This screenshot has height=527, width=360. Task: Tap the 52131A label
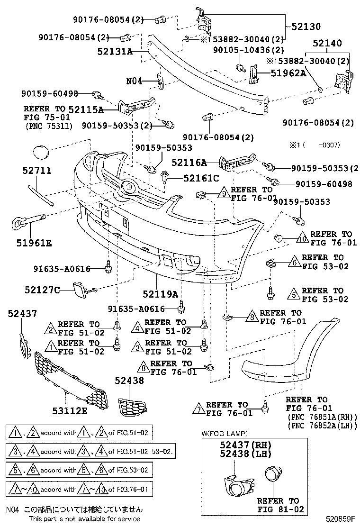115,51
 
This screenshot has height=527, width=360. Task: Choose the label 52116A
189,163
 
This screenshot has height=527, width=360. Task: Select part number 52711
37,171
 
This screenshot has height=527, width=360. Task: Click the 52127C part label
43,289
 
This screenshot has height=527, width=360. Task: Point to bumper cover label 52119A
162,294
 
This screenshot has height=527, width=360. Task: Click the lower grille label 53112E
69,410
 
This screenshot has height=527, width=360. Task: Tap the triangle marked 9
223,192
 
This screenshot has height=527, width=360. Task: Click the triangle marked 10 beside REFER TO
303,238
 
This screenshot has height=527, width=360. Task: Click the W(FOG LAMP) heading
222,433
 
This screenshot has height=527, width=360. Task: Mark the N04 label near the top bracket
134,81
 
